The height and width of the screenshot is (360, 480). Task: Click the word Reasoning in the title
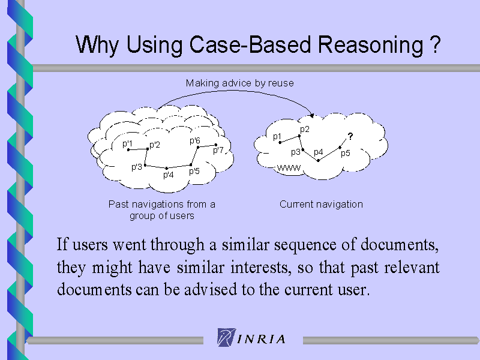[x=370, y=46]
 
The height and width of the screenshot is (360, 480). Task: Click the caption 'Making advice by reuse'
[x=239, y=83]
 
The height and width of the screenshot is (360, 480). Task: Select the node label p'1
[x=127, y=143]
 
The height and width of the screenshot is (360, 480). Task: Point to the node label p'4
[x=169, y=175]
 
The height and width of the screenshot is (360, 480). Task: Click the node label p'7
[x=218, y=150]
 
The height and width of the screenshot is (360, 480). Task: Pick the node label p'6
[x=194, y=140]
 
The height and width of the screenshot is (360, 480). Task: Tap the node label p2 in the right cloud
[x=305, y=129]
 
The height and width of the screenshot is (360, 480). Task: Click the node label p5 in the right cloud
[x=346, y=153]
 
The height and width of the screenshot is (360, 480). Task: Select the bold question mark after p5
[x=350, y=136]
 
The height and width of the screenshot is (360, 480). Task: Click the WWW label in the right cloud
[x=289, y=168]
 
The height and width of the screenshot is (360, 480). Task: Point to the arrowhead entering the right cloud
[x=312, y=116]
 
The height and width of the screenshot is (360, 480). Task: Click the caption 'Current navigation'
[x=321, y=204]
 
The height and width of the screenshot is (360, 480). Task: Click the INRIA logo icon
[x=227, y=337]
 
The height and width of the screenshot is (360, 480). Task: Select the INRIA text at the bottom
[x=262, y=339]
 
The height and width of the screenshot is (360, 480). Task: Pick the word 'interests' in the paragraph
[x=260, y=267]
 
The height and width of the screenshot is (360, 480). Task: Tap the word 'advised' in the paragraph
[x=211, y=289]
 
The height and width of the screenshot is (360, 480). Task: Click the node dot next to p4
[x=319, y=160]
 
